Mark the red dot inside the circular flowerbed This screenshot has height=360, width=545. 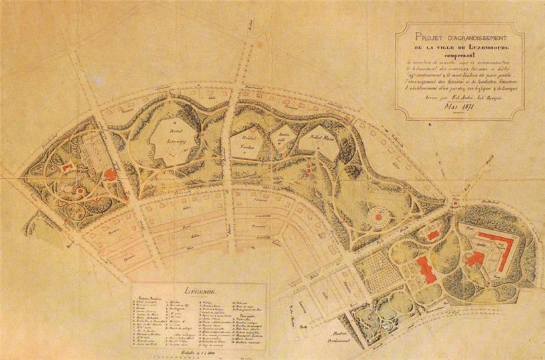380,215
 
